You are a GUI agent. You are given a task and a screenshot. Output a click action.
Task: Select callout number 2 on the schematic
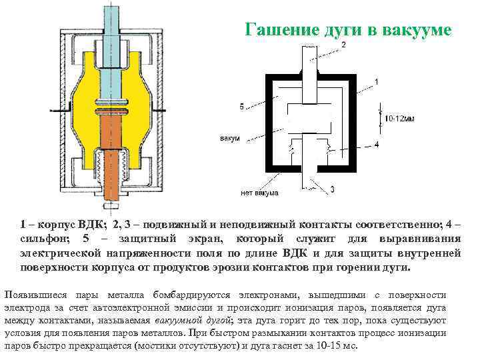pos(344,44)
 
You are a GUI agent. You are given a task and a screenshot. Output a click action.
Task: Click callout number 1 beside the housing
pos(377,82)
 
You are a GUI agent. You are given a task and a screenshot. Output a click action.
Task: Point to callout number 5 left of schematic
pos(241,106)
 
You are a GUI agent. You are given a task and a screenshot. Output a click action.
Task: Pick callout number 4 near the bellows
pos(377,144)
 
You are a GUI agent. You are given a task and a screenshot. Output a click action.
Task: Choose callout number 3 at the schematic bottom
pos(332,189)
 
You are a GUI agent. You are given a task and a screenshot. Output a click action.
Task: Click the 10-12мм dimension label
pos(400,118)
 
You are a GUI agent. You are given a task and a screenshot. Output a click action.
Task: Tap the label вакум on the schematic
pos(230,139)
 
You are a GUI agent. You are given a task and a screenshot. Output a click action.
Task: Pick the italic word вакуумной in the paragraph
pos(176,321)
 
